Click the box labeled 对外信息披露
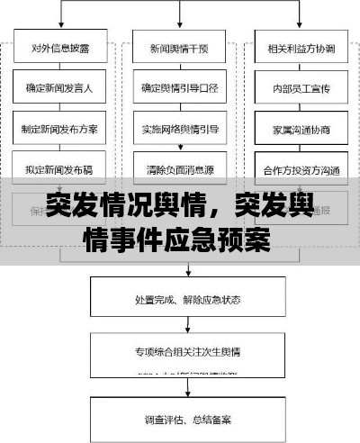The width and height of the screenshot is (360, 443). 59,49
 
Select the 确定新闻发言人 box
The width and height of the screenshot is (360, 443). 59,88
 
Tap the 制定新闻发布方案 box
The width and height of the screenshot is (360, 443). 59,128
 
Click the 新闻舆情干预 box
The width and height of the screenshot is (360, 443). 178,49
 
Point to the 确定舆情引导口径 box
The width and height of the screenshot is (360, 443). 178,88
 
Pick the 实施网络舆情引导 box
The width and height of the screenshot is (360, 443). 178,128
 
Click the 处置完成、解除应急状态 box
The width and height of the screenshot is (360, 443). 186,298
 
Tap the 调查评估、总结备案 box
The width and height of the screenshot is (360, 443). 186,419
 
